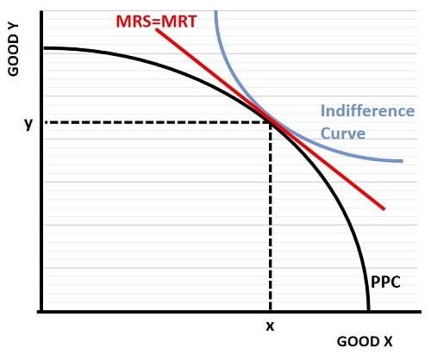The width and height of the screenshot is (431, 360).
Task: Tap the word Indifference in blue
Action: pos(366,111)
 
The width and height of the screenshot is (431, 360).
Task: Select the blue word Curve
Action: pos(343,133)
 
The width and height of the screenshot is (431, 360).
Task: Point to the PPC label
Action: pos(385,281)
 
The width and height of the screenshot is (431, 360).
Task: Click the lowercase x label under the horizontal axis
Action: pos(271,327)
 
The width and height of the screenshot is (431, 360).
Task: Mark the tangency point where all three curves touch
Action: pos(271,122)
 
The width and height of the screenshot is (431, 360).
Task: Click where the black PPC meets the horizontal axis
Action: pos(369,311)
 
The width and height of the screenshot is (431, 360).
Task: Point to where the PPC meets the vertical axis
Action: pos(40,47)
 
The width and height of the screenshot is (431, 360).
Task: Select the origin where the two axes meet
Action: pos(40,311)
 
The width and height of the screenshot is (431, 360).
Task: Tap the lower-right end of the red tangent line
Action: pos(384,208)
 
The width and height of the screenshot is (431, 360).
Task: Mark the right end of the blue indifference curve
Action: pos(402,161)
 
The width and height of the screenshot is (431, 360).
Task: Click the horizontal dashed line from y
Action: pos(155,122)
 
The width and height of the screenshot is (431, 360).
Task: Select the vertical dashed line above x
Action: pos(271,215)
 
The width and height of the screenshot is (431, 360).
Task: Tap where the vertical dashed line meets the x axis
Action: pos(271,311)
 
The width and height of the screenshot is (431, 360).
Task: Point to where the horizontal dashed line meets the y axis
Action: pos(40,122)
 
